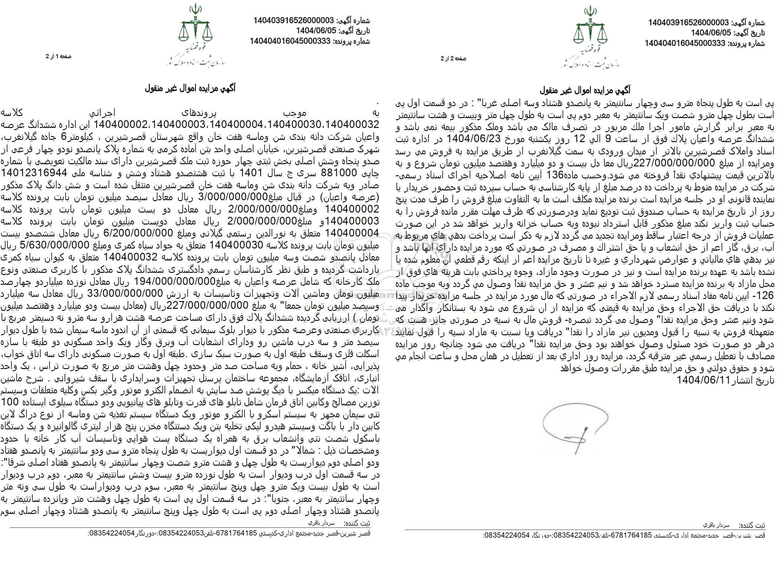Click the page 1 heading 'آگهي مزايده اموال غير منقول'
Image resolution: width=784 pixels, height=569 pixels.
pyautogui.click(x=190, y=89)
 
